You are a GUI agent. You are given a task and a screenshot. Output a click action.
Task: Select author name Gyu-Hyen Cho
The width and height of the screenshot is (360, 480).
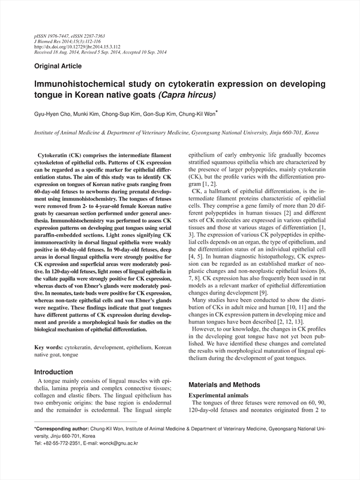(x=53, y=114)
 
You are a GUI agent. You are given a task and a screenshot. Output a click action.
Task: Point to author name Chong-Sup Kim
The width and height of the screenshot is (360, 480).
(x=128, y=114)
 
